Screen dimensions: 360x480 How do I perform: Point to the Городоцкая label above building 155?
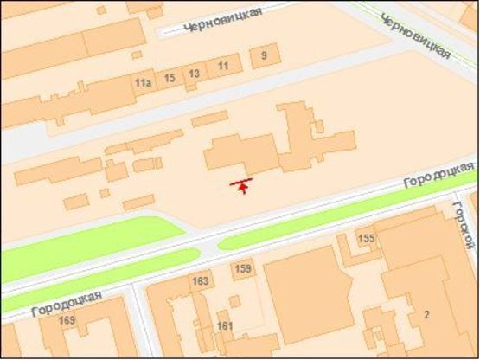tap(440, 175)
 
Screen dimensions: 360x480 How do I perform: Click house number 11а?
tap(143, 82)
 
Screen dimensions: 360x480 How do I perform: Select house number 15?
tap(170, 78)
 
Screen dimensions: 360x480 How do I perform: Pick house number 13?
tap(195, 74)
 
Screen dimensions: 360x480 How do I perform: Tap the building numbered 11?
tap(224, 66)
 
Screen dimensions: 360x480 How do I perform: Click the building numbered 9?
tap(264, 57)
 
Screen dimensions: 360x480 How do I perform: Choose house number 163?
tap(201, 281)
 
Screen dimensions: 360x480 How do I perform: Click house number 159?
tap(243, 270)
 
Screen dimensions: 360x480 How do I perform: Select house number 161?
tap(225, 325)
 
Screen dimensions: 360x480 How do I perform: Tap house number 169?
tap(67, 321)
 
